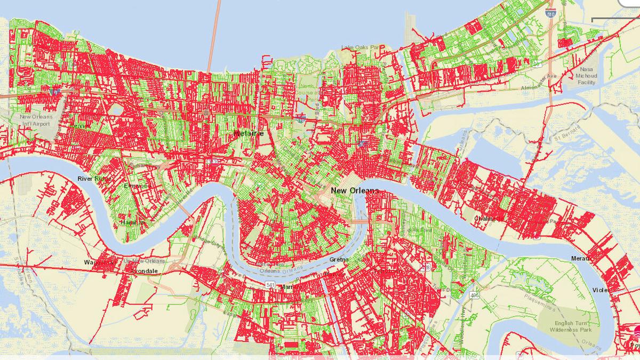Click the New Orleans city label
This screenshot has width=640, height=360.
[x=354, y=190]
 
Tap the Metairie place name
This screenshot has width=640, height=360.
[x=249, y=133]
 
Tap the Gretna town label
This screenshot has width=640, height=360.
[x=339, y=260]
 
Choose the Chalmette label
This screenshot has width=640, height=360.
[x=489, y=218]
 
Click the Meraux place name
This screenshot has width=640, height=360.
[x=581, y=259]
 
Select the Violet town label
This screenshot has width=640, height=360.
[x=599, y=290]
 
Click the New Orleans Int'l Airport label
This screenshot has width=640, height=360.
[x=35, y=120]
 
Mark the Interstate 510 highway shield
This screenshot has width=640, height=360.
[x=550, y=15]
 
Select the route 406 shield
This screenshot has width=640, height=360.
[x=474, y=294]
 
